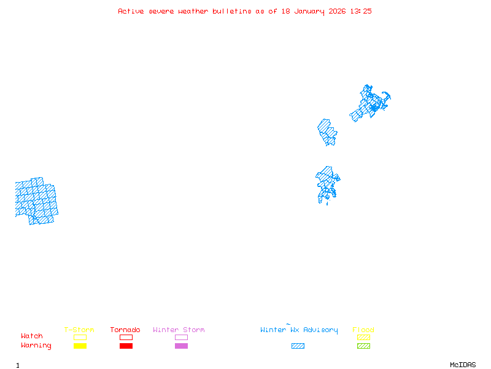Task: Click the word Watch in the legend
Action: pyautogui.click(x=32, y=336)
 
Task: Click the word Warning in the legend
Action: pyautogui.click(x=36, y=346)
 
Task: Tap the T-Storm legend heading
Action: pyautogui.click(x=79, y=330)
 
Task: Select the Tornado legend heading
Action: pyautogui.click(x=125, y=330)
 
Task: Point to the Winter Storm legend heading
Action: pyautogui.click(x=179, y=330)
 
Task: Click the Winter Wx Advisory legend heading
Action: pyautogui.click(x=299, y=330)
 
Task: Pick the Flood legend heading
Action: pyautogui.click(x=363, y=330)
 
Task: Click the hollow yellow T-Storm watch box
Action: pyautogui.click(x=80, y=337)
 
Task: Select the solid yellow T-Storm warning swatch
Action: pyautogui.click(x=80, y=346)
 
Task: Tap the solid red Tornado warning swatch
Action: pyautogui.click(x=126, y=346)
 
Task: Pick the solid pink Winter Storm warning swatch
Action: pyautogui.click(x=181, y=346)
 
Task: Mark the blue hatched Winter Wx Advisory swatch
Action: pyautogui.click(x=298, y=346)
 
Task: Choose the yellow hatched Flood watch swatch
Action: pyautogui.click(x=363, y=337)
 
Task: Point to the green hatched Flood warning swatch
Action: pyautogui.click(x=363, y=346)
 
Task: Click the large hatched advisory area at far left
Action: pyautogui.click(x=35, y=200)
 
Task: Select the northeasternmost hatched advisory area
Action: pyautogui.click(x=370, y=103)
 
